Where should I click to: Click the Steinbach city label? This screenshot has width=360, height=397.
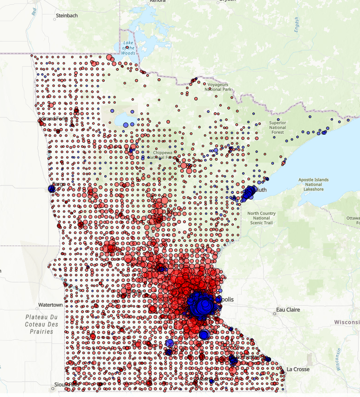click(x=67, y=15)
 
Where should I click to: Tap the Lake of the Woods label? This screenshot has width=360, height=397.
click(x=128, y=48)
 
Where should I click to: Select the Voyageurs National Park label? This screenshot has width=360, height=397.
click(x=219, y=87)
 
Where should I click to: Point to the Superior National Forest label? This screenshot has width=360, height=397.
click(x=278, y=127)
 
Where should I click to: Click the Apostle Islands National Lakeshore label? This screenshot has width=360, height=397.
click(x=313, y=185)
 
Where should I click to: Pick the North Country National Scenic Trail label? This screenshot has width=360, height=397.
click(x=261, y=218)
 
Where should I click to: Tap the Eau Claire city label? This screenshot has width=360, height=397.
click(x=288, y=309)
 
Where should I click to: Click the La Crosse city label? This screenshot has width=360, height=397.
click(x=298, y=369)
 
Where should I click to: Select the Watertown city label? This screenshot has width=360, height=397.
click(x=50, y=305)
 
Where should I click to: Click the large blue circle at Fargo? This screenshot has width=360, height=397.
click(x=51, y=189)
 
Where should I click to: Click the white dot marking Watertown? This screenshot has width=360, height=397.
click(x=38, y=308)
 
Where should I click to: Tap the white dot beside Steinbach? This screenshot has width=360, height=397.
click(x=53, y=16)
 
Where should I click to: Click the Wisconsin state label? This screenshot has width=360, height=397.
click(x=347, y=322)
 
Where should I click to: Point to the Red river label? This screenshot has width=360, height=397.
click(x=34, y=12)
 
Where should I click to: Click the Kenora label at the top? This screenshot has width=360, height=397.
click(x=158, y=1)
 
